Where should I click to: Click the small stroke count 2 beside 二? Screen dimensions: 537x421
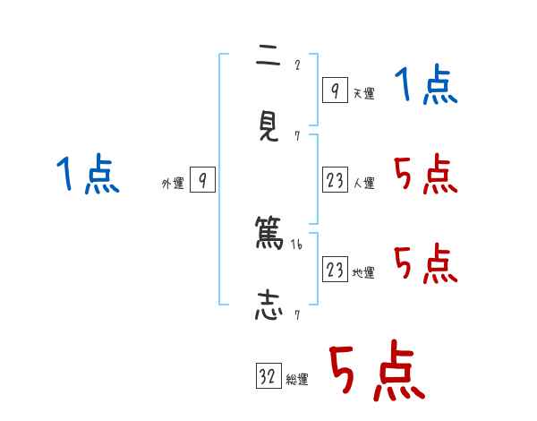297,64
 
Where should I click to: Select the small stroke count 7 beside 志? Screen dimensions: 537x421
297,314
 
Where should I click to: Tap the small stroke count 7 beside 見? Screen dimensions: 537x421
297,136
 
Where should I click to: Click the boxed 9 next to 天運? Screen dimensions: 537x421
335,90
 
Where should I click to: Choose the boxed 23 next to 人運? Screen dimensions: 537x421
335,180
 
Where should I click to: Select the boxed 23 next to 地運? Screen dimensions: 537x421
335,270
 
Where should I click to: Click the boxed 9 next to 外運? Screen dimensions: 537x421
203,180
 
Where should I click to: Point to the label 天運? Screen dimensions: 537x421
363,93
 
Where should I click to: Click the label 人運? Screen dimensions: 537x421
363,184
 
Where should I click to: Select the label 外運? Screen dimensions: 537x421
173,184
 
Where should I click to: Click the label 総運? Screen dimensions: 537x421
297,380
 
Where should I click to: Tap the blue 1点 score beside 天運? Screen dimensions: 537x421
425,87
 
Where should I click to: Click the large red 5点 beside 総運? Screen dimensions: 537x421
376,372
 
